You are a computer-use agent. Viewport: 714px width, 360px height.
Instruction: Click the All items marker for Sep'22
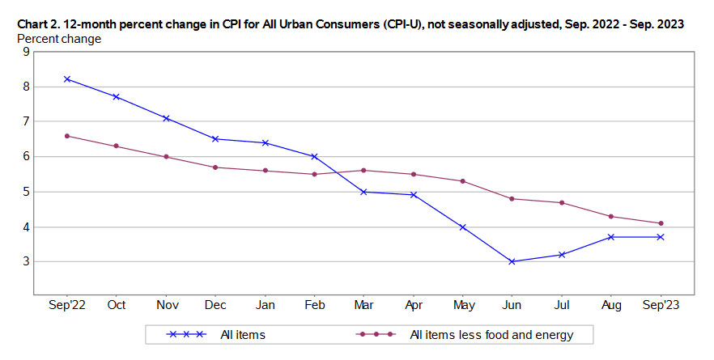[x=68, y=79]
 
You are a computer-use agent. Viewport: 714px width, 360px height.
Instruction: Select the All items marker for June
[x=512, y=261]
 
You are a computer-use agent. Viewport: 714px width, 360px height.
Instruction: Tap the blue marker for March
[x=364, y=192]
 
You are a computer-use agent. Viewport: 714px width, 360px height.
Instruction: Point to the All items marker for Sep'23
[x=661, y=237]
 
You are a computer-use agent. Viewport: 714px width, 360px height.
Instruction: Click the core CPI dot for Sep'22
[x=68, y=136]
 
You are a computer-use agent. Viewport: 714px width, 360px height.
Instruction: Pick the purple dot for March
[x=364, y=171]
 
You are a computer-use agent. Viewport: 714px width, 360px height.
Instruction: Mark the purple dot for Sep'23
[x=661, y=223]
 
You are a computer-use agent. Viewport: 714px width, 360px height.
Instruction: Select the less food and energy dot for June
[x=512, y=199]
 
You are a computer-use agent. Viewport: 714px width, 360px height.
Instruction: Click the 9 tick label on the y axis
[x=26, y=51]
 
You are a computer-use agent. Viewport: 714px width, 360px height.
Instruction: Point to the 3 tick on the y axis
[x=26, y=261]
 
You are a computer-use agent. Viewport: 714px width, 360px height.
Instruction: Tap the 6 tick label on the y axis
[x=26, y=156]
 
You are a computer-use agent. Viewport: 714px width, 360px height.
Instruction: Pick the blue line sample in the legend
[x=187, y=334]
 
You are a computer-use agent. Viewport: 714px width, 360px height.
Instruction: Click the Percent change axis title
[x=59, y=38]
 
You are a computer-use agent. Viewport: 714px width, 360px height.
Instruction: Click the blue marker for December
[x=216, y=139]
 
